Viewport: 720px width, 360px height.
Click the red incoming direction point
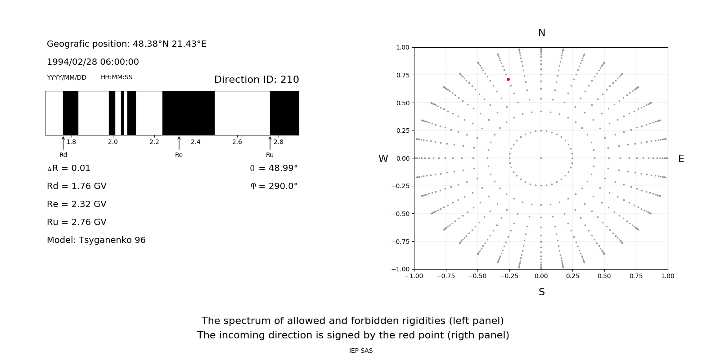(508, 80)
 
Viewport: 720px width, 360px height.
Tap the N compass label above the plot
(542, 33)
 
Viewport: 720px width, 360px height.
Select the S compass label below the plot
(542, 292)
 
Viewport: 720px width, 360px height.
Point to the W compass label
(383, 159)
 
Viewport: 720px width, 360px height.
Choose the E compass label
(681, 159)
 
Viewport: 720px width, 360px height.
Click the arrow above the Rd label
(63, 143)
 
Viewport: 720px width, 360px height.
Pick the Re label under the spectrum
(179, 155)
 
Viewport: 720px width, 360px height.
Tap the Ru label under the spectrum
(270, 155)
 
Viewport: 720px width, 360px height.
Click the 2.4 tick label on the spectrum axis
(195, 142)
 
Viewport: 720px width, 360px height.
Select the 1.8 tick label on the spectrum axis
(71, 142)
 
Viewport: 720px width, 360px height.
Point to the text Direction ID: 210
(256, 80)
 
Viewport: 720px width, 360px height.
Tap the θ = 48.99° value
(274, 168)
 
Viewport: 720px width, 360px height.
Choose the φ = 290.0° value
(274, 186)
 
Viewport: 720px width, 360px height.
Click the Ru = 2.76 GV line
(76, 222)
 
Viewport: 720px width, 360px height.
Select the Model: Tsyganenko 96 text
(96, 240)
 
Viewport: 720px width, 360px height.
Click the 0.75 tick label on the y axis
(403, 75)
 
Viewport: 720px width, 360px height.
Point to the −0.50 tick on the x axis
(477, 276)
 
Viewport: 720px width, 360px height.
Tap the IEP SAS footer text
(361, 351)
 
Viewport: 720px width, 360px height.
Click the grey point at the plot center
(541, 158)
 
